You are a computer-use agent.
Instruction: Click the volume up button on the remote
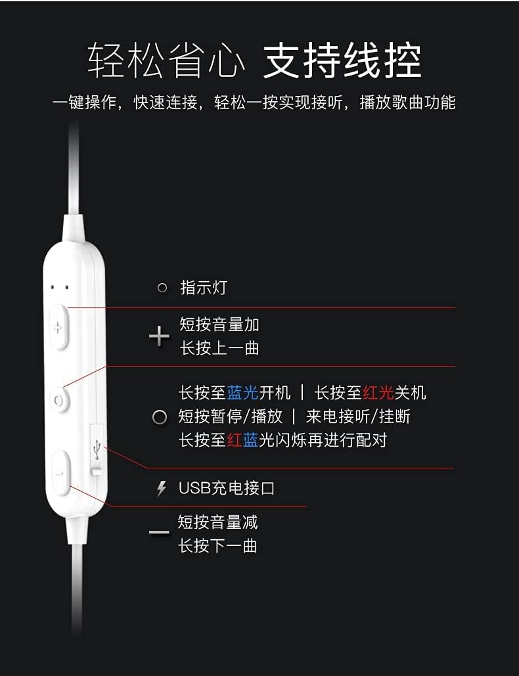tap(58, 327)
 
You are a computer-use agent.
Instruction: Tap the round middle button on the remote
tap(59, 399)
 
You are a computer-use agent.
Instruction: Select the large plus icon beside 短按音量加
tap(159, 336)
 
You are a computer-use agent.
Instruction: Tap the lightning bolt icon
tap(162, 489)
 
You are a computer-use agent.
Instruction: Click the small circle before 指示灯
tap(162, 288)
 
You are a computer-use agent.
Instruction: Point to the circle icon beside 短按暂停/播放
tap(160, 417)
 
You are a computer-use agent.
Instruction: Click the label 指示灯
tap(203, 288)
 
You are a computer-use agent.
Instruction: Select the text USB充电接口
tap(227, 488)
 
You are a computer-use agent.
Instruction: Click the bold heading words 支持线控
tap(342, 62)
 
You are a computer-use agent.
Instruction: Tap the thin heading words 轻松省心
tap(167, 62)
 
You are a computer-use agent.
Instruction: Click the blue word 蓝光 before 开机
tap(242, 393)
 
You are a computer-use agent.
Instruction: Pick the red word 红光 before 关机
tap(378, 393)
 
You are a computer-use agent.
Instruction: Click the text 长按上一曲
tap(219, 348)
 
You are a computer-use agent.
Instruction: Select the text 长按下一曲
tap(217, 545)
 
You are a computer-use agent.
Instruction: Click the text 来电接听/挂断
tap(358, 417)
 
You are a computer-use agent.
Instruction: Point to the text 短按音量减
tap(217, 522)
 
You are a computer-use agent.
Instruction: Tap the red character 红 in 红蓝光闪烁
tap(235, 440)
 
